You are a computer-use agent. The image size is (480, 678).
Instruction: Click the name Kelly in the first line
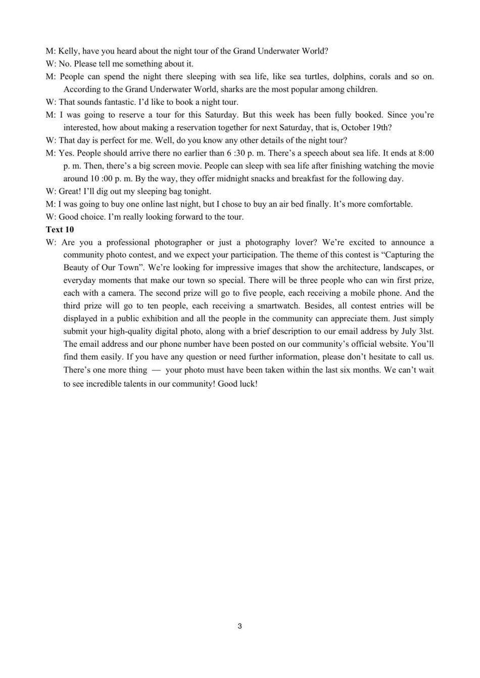click(x=69, y=51)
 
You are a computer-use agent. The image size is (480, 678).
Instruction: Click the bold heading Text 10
click(x=60, y=230)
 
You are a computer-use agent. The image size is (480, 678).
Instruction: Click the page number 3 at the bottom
click(x=239, y=626)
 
